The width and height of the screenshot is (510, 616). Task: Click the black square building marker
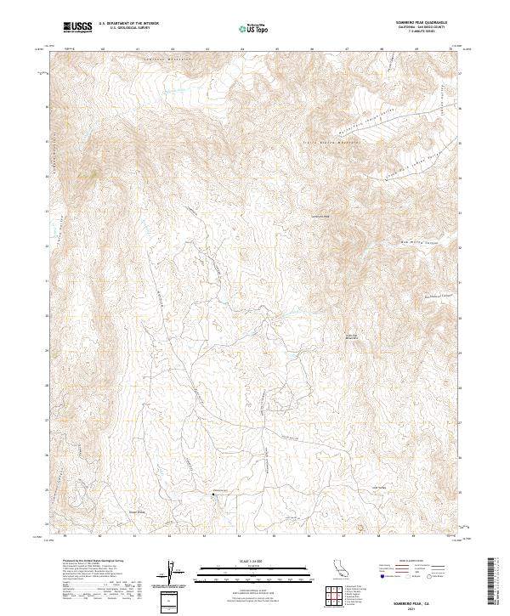click(x=212, y=493)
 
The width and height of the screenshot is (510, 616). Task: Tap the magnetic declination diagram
click(x=172, y=574)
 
